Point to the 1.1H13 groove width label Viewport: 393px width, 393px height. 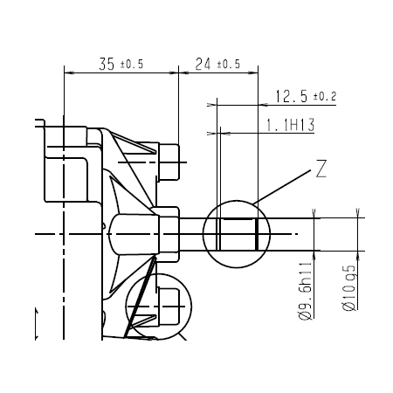[289, 126]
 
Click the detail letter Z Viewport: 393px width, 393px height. [321, 170]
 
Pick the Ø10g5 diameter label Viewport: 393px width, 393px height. [348, 289]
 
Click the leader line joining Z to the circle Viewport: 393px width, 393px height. [284, 188]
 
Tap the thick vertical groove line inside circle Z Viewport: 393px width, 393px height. [256, 234]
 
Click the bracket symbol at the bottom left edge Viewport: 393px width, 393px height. [37, 323]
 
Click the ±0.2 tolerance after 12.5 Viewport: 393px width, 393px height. [325, 96]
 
